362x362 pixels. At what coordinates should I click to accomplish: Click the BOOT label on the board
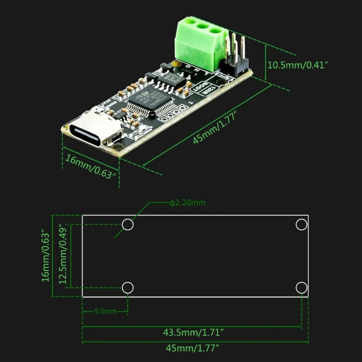coord(201,87)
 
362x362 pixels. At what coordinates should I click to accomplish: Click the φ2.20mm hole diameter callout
coord(187,202)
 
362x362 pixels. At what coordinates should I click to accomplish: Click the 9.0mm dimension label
coord(105,311)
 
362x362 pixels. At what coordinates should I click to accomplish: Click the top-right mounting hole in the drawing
coord(301,224)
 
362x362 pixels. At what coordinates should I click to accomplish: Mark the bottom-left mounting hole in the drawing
coord(128,287)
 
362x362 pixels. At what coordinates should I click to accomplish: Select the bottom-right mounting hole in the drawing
coord(301,287)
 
